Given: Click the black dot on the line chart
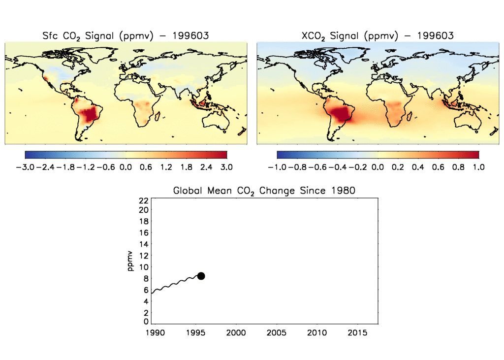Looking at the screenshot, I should (x=201, y=276).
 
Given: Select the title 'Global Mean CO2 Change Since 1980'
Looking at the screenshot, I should (x=264, y=191).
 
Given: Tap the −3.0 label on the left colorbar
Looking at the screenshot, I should (x=25, y=167).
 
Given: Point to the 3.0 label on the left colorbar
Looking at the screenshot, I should (x=226, y=167).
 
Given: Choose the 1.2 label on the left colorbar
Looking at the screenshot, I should (x=166, y=167).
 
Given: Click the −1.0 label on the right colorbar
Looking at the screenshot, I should (x=277, y=167).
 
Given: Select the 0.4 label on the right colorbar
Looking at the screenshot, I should (x=418, y=167).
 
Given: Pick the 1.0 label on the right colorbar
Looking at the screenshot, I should (x=478, y=167).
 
